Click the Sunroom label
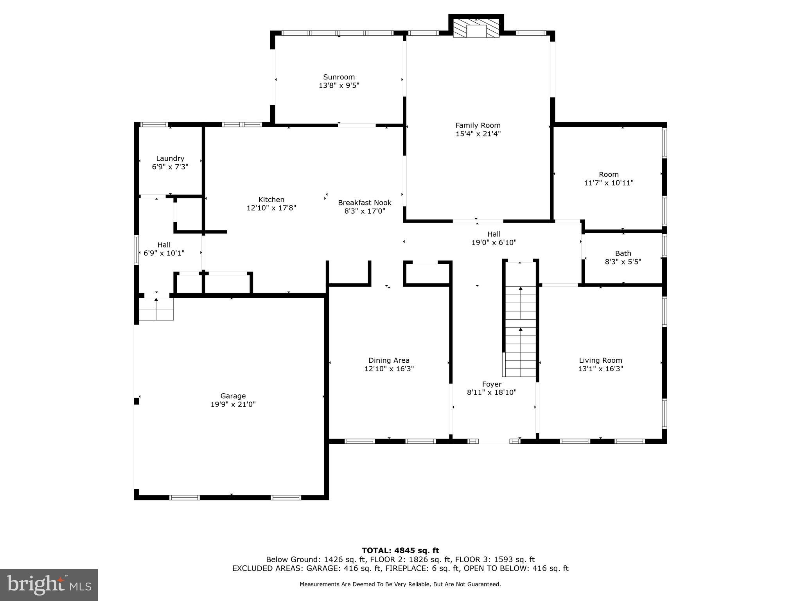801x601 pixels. [x=339, y=77]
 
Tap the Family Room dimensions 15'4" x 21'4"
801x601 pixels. [x=478, y=134]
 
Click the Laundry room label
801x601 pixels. [x=170, y=158]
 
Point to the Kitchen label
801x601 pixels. [x=271, y=200]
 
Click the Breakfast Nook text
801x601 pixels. [x=365, y=203]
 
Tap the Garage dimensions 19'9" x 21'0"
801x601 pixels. [x=233, y=404]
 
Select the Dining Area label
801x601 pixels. [x=389, y=360]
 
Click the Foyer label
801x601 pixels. [x=492, y=384]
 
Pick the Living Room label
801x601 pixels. [x=600, y=360]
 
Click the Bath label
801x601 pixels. [x=623, y=253]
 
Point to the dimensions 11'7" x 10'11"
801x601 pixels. [x=609, y=183]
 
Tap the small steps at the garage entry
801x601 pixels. [x=156, y=309]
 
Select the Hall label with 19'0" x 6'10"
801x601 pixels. [x=494, y=234]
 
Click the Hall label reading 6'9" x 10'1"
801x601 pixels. [x=164, y=245]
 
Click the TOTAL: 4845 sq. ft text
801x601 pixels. [x=400, y=551]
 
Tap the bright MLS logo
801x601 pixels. [x=49, y=585]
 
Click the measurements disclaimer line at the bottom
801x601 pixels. [x=400, y=584]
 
